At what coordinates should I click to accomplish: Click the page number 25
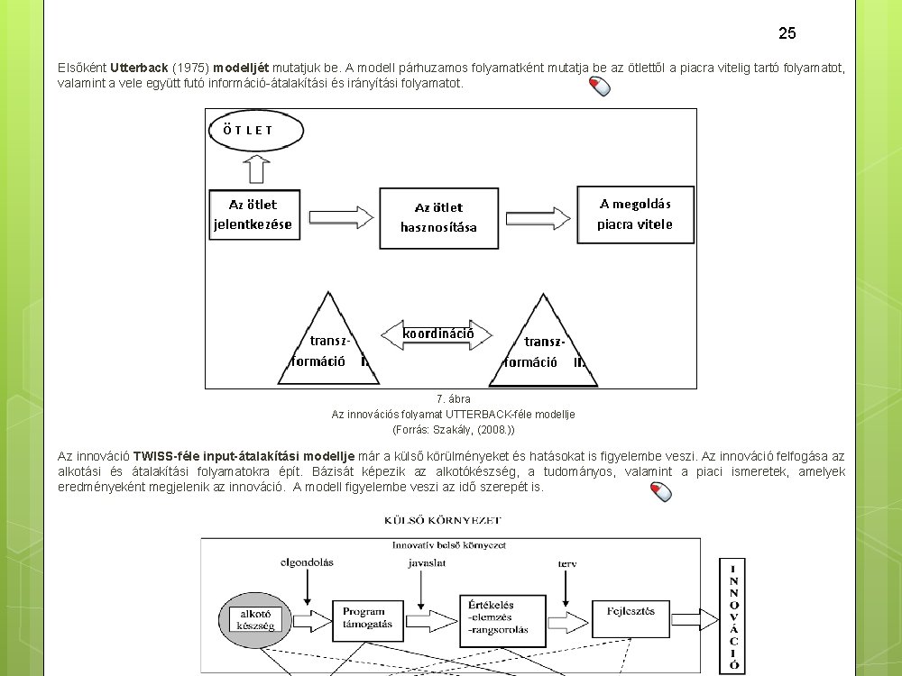coord(787,33)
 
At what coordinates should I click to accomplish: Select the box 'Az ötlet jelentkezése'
coord(253,215)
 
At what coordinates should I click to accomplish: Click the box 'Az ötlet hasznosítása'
coord(439,217)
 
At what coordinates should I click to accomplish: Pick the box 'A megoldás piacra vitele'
coord(635,214)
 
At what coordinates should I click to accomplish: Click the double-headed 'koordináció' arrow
coord(438,333)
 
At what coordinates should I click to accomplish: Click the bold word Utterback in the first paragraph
coord(139,68)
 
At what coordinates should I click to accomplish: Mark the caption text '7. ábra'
coord(453,398)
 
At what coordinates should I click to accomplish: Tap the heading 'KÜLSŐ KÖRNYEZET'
coord(443,520)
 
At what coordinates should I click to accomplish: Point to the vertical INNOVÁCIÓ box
coord(732,616)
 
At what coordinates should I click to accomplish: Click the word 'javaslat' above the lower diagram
coord(426,562)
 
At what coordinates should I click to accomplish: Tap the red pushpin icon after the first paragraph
coord(599,87)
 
